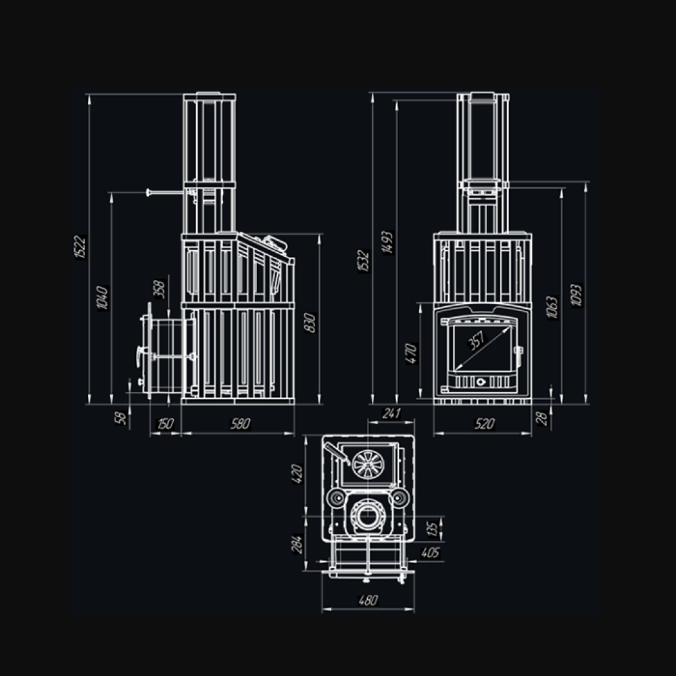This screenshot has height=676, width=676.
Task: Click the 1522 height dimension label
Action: tap(80, 247)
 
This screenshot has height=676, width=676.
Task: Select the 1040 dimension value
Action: tap(103, 297)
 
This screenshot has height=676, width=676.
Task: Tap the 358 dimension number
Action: tap(159, 289)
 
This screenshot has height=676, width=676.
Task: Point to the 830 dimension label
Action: tap(310, 322)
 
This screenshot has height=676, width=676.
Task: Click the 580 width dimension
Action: tap(240, 424)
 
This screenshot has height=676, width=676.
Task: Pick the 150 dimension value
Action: tap(165, 424)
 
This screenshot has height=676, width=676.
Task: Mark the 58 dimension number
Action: tap(121, 418)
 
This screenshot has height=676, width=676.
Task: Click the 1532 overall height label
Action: tap(364, 261)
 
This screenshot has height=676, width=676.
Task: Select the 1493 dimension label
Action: tap(387, 243)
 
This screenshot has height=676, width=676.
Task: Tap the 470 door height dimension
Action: tap(412, 354)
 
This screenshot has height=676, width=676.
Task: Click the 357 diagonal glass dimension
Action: tap(477, 340)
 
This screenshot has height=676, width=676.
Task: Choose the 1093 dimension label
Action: tap(576, 295)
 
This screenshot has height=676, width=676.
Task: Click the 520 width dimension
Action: tap(484, 424)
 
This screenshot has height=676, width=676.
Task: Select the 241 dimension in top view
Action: tap(391, 413)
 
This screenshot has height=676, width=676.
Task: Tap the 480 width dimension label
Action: tap(368, 600)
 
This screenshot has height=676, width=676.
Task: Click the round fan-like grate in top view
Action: tap(368, 464)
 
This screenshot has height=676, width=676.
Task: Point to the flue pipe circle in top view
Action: tap(368, 515)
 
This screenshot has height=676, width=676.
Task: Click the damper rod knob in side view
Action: tap(148, 192)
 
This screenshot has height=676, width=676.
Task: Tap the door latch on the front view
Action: tap(518, 351)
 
